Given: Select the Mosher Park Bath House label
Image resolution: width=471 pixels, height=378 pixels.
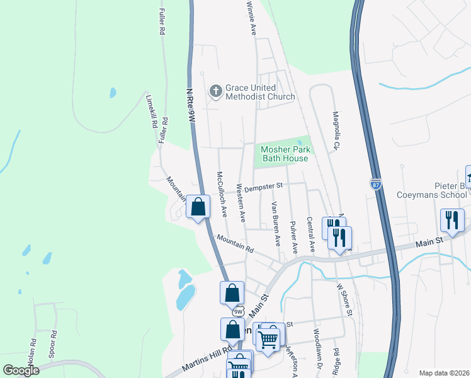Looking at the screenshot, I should tap(285, 154).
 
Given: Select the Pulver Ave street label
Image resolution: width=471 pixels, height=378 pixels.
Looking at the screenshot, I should tap(293, 234).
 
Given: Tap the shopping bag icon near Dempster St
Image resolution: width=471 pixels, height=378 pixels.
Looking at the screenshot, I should tap(198, 207).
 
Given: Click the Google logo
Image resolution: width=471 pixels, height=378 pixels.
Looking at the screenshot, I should tap(21, 370).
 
